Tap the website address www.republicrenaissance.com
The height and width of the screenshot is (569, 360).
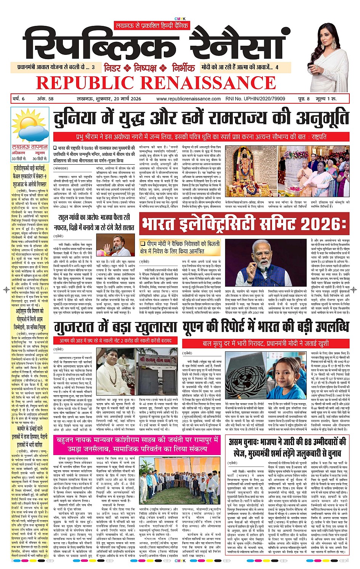coord(188,99)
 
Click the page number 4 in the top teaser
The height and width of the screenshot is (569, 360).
coord(277,67)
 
